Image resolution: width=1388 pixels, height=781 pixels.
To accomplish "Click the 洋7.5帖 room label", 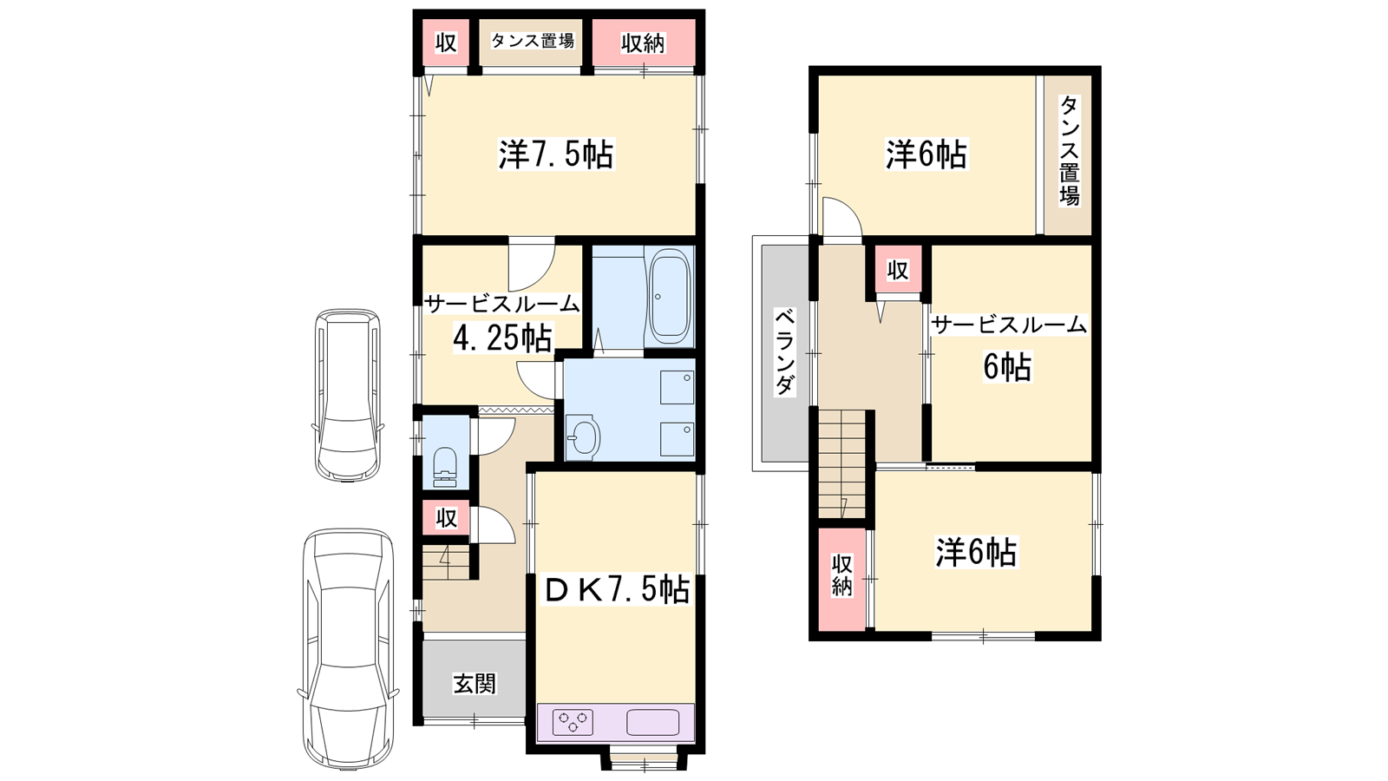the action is tap(556, 155).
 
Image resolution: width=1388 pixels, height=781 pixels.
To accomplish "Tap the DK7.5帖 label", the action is tap(617, 589).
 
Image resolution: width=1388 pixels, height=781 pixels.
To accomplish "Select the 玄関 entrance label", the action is tap(474, 684).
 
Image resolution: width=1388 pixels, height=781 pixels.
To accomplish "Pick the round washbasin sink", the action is tap(582, 437).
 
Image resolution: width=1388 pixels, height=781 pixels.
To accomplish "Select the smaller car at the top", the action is tap(348, 396).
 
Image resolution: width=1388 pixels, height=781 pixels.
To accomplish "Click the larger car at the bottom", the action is tap(348, 648).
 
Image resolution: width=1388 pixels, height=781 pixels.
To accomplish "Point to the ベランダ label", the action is tap(784, 352).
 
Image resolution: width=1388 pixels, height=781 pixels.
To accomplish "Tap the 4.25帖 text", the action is tap(502, 338).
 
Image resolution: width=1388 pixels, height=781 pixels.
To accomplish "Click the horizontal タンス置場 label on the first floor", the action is tap(533, 41).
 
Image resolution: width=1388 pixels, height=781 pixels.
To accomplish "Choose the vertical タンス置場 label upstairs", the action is tap(1070, 151).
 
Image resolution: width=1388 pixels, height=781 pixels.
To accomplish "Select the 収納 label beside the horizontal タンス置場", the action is tap(643, 43).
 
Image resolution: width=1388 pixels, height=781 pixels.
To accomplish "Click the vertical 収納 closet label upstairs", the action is tap(841, 575).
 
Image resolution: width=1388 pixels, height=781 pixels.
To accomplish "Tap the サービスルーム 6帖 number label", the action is tap(1007, 366).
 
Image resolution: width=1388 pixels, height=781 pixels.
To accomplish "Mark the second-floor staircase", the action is tap(842, 463).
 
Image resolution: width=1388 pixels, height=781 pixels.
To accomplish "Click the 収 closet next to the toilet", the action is tap(446, 517).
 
